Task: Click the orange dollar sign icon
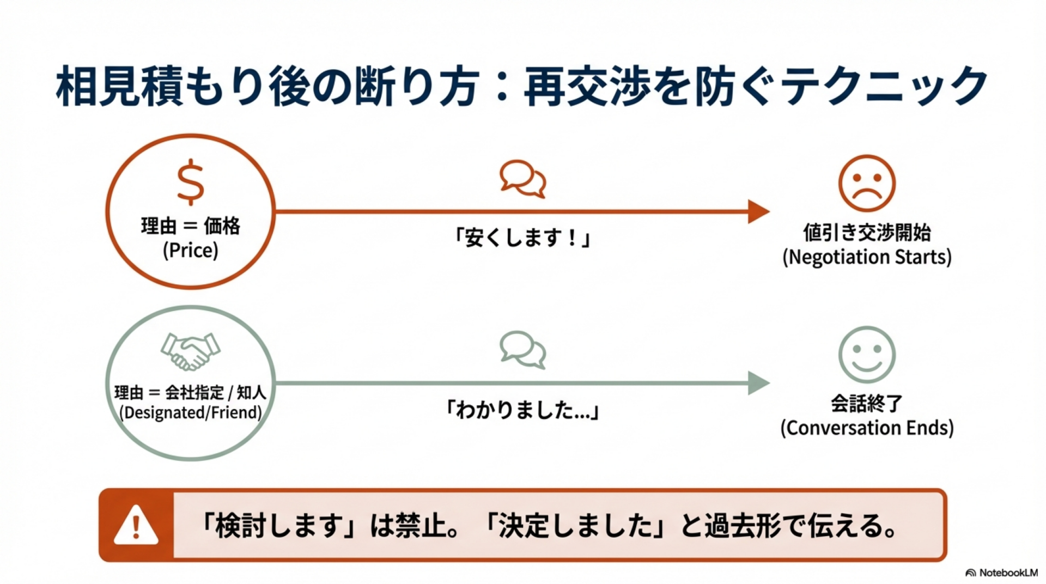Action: pyautogui.click(x=191, y=182)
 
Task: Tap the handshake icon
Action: pyautogui.click(x=190, y=351)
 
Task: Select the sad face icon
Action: pyautogui.click(x=866, y=184)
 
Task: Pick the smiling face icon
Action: pyautogui.click(x=866, y=355)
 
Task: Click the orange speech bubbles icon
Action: pyautogui.click(x=523, y=179)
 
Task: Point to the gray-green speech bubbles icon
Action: pyautogui.click(x=523, y=350)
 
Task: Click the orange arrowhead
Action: pyautogui.click(x=758, y=211)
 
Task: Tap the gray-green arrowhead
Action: pyautogui.click(x=758, y=383)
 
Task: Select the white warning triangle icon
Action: pyautogui.click(x=136, y=525)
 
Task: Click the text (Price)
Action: pyautogui.click(x=191, y=251)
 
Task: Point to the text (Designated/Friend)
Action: pyautogui.click(x=191, y=412)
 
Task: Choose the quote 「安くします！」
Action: pyautogui.click(x=523, y=238)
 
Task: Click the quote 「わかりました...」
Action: pyautogui.click(x=523, y=410)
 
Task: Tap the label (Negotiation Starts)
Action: pyautogui.click(x=867, y=257)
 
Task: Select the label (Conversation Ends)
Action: pyautogui.click(x=867, y=428)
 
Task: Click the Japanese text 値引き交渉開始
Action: pyautogui.click(x=867, y=233)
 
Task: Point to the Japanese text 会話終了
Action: pyautogui.click(x=867, y=404)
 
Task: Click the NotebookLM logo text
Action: pyautogui.click(x=1007, y=573)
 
